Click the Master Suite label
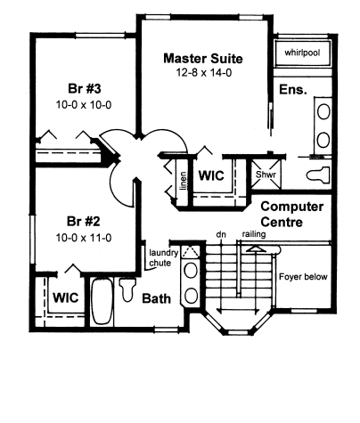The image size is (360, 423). (203, 59)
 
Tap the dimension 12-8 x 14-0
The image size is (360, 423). (204, 72)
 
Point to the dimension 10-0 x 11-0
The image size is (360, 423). (84, 238)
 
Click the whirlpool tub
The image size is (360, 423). (302, 53)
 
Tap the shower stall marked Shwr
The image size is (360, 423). (266, 174)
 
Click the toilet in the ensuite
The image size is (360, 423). (318, 175)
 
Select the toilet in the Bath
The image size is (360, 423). (127, 289)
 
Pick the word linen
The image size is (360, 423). (184, 181)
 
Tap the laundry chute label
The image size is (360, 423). (162, 257)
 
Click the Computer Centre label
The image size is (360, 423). (291, 214)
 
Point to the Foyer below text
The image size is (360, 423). (303, 277)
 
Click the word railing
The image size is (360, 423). (254, 234)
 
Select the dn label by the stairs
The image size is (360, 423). (221, 234)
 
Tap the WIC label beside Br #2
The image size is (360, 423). (66, 297)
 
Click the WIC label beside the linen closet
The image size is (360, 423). (211, 175)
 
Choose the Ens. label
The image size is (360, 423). (293, 89)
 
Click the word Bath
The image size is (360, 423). (157, 298)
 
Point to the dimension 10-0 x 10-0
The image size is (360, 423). (84, 104)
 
